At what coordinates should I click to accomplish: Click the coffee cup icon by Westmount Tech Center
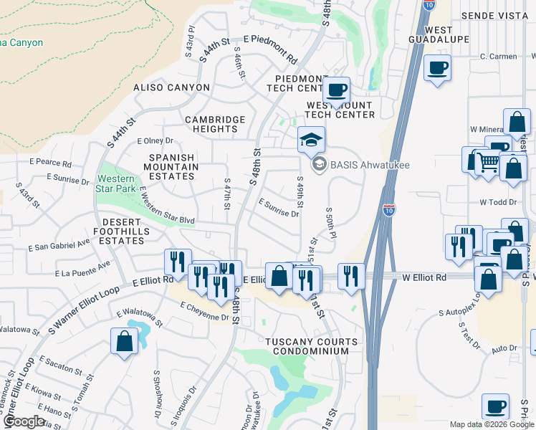335,90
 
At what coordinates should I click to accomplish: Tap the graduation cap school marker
311,140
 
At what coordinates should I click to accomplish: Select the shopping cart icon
489,162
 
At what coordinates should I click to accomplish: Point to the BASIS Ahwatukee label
360,166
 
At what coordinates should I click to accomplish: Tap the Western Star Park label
115,183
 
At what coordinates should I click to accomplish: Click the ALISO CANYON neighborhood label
172,87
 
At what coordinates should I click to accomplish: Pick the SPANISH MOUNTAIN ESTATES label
171,166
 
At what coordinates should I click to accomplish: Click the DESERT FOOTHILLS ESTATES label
122,236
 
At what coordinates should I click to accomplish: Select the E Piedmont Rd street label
270,49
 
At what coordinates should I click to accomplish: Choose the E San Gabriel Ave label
59,246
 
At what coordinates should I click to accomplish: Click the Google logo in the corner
26,421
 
